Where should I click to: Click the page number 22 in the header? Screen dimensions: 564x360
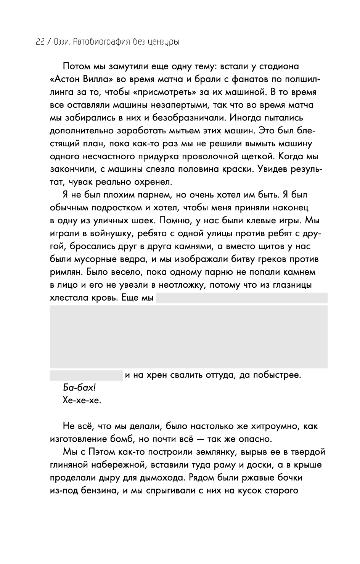(x=39, y=42)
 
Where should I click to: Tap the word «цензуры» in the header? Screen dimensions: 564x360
(x=162, y=42)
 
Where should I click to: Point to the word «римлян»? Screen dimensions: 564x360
(x=65, y=272)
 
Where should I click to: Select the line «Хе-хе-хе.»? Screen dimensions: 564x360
(x=82, y=401)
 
